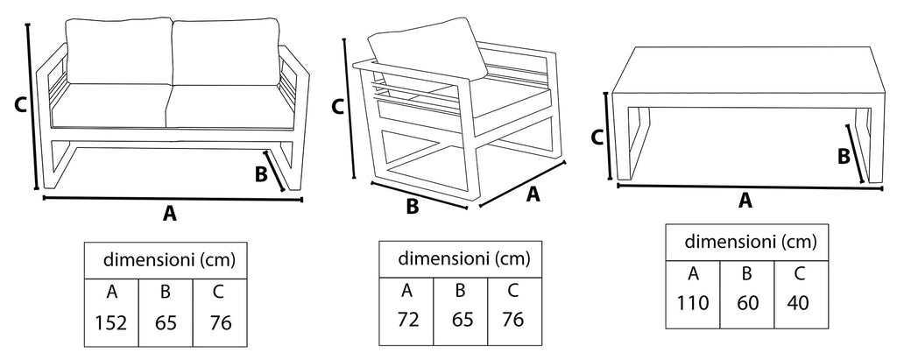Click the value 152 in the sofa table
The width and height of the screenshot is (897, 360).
click(x=111, y=321)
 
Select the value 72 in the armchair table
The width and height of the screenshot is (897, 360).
click(x=406, y=319)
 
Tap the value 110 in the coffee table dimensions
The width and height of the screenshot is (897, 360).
click(x=692, y=303)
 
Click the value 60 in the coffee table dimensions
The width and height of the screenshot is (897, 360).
click(x=746, y=303)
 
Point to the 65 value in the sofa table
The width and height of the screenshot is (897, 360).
click(x=165, y=321)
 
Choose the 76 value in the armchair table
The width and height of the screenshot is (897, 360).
click(x=512, y=319)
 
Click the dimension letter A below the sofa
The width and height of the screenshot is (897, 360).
click(x=170, y=213)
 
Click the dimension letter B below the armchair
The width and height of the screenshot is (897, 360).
click(x=412, y=208)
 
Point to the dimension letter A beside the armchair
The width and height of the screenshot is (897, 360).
click(x=532, y=194)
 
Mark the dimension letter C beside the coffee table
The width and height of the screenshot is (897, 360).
click(x=597, y=138)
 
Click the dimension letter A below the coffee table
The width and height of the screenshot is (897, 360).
click(x=745, y=201)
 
